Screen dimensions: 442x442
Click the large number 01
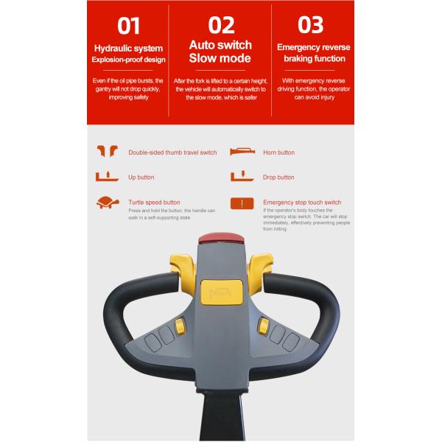pos(128,26)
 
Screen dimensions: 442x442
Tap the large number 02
pos(221,25)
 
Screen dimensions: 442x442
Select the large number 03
pos(310,25)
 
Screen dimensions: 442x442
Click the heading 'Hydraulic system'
pos(128,49)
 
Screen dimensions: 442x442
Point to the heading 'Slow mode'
pos(220,58)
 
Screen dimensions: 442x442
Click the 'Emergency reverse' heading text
pos(314,47)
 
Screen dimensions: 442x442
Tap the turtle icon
pos(108,203)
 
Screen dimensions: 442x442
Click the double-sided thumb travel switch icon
pos(107,151)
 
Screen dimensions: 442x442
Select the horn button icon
pos(242,151)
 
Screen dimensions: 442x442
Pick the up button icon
pos(107,177)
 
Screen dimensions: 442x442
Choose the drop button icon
pos(242,176)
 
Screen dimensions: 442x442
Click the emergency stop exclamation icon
pos(242,203)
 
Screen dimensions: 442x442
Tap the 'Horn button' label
pos(278,152)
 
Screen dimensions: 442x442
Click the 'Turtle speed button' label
pos(154,203)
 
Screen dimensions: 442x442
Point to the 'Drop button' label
pos(278,178)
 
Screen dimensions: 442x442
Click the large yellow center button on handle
pos(222,292)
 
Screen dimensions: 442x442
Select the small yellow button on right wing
pos(264,326)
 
